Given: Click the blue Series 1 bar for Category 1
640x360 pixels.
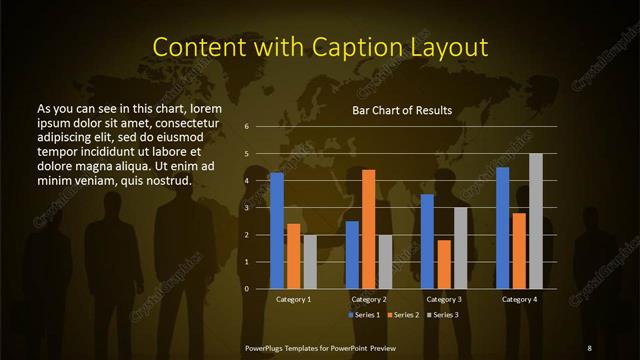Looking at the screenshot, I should tap(276, 231).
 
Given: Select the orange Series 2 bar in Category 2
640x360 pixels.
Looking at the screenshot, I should tap(368, 229).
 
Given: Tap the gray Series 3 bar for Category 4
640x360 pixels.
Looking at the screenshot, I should tap(536, 221).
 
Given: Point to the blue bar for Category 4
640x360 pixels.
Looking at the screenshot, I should tap(503, 228).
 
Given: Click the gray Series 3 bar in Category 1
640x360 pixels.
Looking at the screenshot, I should tap(310, 262).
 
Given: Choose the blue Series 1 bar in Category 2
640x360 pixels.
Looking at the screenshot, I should tap(352, 255).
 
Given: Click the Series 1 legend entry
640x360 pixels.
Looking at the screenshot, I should tap(364, 315).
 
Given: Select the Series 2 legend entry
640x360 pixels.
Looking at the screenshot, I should tap(404, 315).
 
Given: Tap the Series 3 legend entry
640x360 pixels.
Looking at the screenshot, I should tap(444, 315).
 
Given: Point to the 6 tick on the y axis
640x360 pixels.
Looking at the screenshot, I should tap(246, 127).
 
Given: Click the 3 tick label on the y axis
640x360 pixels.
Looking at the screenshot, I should tap(246, 208).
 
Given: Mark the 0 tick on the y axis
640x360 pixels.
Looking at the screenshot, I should tap(246, 289).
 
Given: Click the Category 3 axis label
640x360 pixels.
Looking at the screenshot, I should tap(443, 299).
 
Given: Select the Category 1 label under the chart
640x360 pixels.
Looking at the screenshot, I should tap(293, 299).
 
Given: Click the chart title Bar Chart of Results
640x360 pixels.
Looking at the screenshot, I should tap(402, 110).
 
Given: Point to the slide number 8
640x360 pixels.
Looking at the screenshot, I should tap(589, 347).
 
